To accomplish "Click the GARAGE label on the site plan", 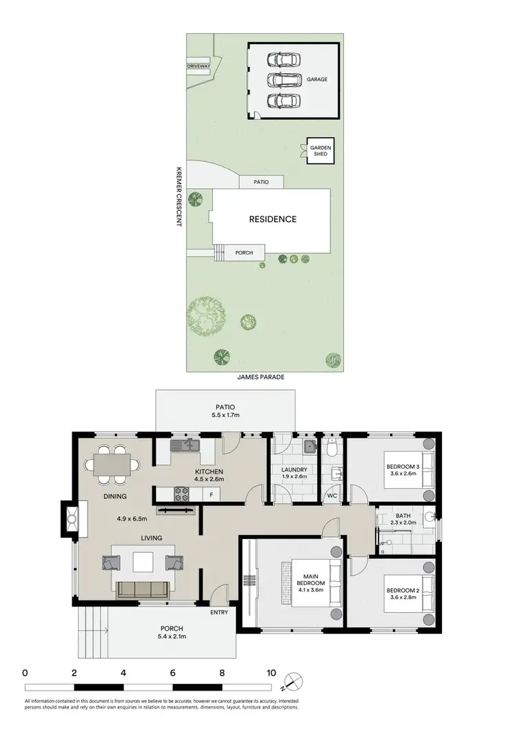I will point(317,79).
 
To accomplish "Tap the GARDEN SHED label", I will point(321,151).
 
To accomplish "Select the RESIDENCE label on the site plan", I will point(272,219).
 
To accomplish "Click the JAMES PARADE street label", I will point(261,378).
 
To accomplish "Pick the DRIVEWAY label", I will point(199,66).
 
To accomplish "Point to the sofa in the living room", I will point(144,589).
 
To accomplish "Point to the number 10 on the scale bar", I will point(272,673).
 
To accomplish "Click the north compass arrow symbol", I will point(294,680).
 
